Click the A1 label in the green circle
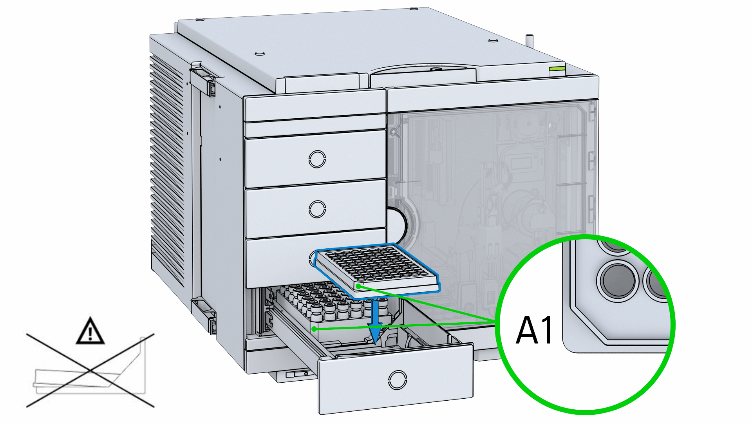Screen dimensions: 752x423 [534, 330]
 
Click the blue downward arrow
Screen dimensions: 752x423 [375, 321]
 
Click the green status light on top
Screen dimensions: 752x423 [557, 69]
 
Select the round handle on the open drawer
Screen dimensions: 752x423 [398, 380]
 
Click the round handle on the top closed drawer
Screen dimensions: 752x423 [317, 159]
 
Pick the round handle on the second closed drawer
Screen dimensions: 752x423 [317, 209]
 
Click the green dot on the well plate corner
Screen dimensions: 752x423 [358, 286]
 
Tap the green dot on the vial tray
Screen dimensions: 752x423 [314, 329]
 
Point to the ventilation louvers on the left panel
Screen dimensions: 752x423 [167, 168]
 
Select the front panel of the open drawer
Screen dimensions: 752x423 [396, 378]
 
